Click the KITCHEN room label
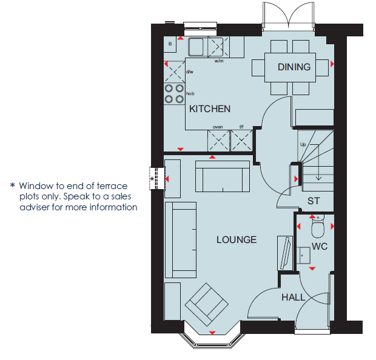tap(210, 109)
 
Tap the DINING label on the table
tap(294, 67)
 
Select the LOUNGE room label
tap(237, 239)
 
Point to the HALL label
tap(294, 298)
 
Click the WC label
tap(320, 247)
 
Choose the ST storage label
tap(314, 201)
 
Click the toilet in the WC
tap(318, 227)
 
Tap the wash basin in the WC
tap(303, 256)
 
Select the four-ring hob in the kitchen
tap(174, 94)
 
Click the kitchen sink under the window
tap(196, 47)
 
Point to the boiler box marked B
tap(170, 44)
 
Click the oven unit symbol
tap(218, 141)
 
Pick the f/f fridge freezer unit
tap(241, 141)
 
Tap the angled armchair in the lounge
tap(206, 304)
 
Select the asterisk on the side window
tap(152, 179)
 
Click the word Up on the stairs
tap(303, 144)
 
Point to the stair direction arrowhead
tap(318, 178)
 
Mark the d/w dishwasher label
tap(190, 72)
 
